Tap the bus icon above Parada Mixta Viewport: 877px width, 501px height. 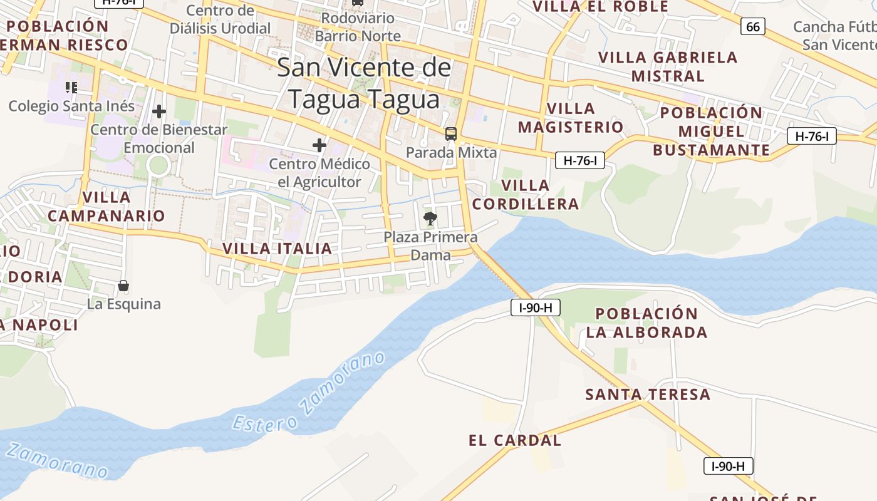point(450,133)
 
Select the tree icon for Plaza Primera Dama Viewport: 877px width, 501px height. point(430,218)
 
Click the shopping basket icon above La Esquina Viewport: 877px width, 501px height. point(123,286)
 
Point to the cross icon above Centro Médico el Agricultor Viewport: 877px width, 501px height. point(319,145)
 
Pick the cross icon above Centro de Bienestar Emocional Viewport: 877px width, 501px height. point(159,111)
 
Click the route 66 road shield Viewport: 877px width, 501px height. point(752,26)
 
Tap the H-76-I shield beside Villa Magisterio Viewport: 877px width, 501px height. point(579,160)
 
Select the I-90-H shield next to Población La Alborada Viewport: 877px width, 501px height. point(535,307)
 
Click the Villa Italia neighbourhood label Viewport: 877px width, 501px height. point(277,249)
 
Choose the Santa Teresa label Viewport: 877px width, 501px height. point(648,395)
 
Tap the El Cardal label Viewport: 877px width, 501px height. point(515,440)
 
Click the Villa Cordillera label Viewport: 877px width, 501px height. point(526,195)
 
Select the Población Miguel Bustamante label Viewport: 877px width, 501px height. point(712,132)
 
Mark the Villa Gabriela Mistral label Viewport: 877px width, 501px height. point(668,66)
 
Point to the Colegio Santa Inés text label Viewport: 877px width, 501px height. point(71,106)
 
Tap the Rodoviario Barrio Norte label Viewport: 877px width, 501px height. point(357,27)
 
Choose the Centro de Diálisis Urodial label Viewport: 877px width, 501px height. point(221,19)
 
